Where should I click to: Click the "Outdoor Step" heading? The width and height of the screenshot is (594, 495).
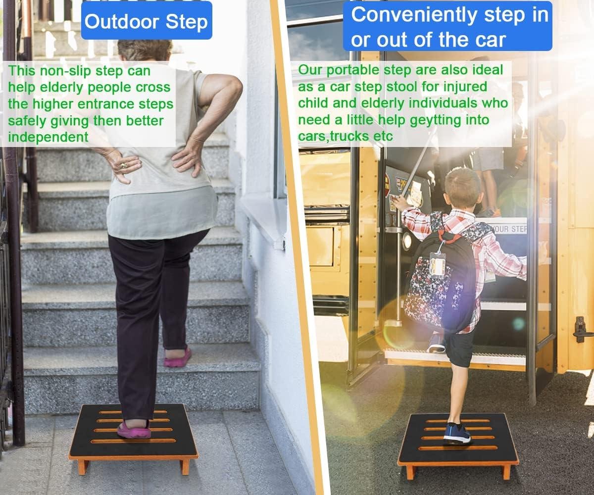pyautogui.click(x=146, y=22)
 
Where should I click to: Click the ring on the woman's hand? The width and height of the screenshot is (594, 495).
pyautogui.click(x=124, y=165)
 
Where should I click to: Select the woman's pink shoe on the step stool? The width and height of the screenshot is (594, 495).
pyautogui.click(x=134, y=429)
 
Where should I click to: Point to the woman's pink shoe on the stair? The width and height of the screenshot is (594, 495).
pyautogui.click(x=177, y=357)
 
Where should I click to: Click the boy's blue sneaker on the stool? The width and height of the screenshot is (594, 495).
pyautogui.click(x=456, y=433)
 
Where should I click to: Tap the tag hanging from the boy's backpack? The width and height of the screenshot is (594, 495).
pyautogui.click(x=437, y=263)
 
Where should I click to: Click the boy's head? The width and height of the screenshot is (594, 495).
pyautogui.click(x=462, y=188)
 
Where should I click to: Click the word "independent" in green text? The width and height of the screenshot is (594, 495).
pyautogui.click(x=48, y=137)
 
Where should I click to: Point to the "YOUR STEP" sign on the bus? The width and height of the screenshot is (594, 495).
pyautogui.click(x=510, y=229)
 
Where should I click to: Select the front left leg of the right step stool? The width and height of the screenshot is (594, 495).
pyautogui.click(x=410, y=471)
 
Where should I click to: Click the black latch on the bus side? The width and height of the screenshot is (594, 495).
pyautogui.click(x=580, y=329)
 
